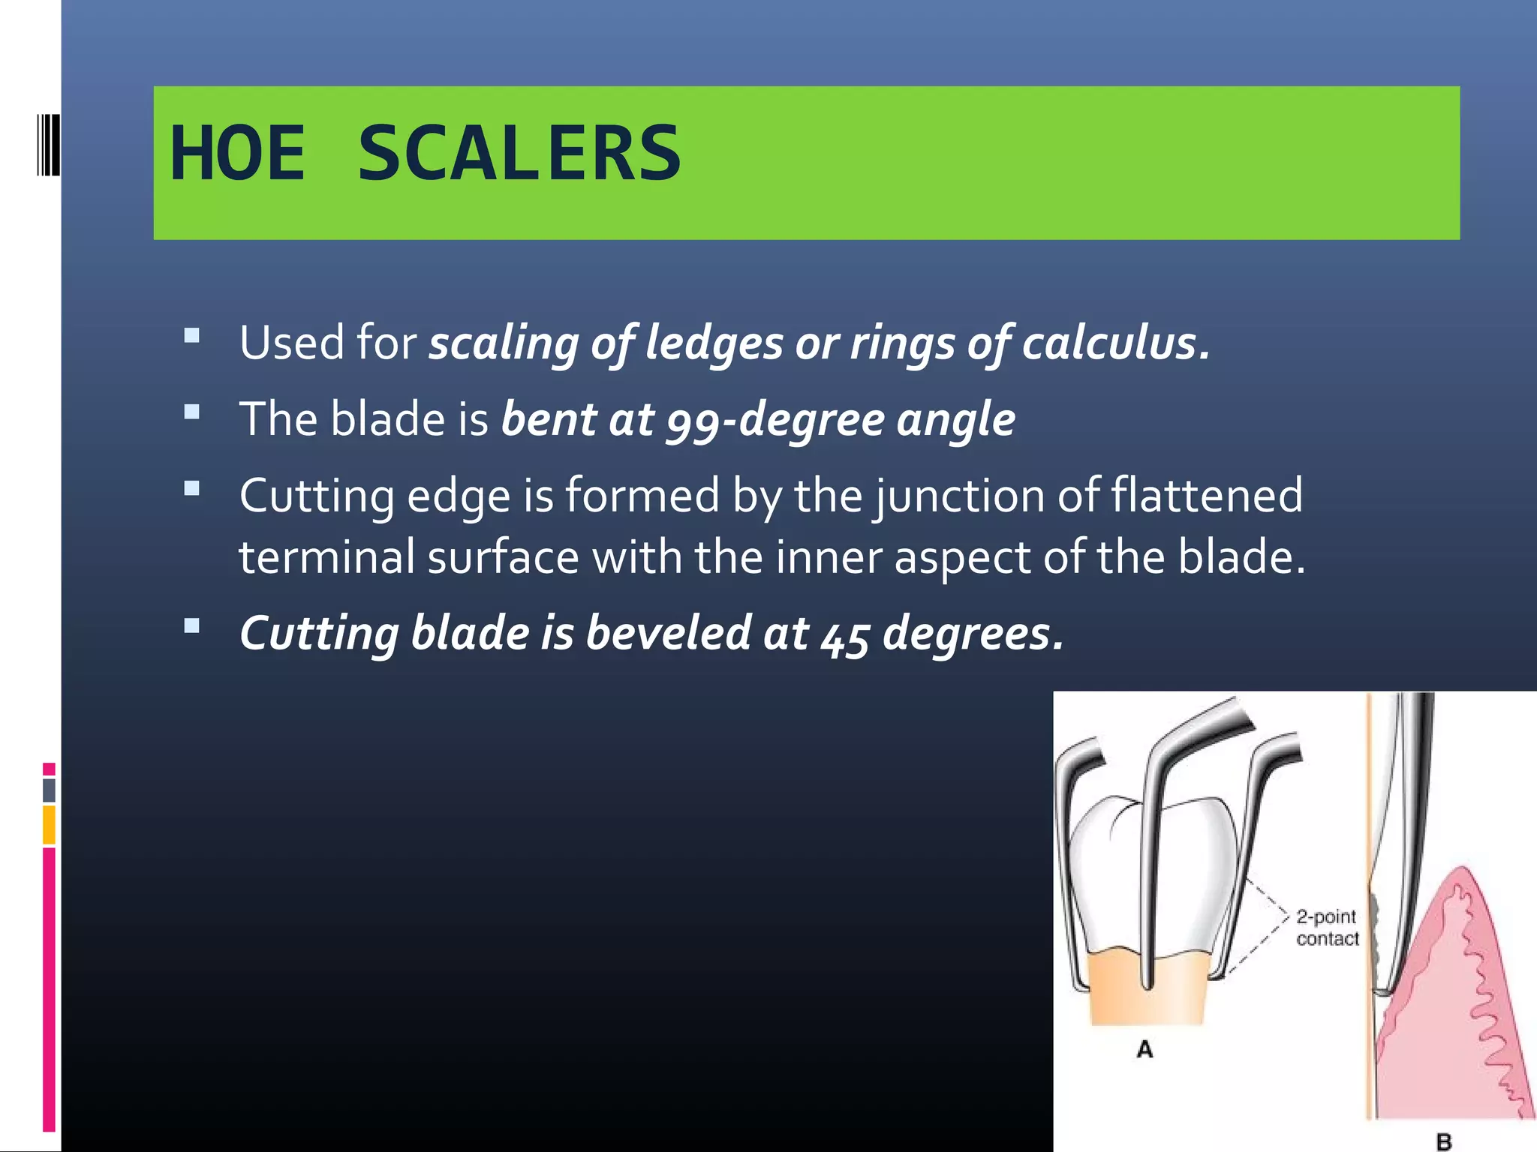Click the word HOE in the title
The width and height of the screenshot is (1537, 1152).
coord(238,154)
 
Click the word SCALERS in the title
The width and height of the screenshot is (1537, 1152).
coord(519,154)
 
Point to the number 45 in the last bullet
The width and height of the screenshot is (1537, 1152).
coord(845,634)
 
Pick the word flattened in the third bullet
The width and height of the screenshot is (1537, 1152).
coord(1206,496)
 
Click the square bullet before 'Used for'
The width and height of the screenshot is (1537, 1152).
coord(192,335)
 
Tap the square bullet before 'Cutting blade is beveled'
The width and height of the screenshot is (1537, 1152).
coord(192,625)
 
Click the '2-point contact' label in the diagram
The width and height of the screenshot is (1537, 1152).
coord(1327,928)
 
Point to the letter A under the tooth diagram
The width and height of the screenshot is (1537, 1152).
coord(1144,1049)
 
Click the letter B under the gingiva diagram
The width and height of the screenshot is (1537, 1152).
coord(1443,1141)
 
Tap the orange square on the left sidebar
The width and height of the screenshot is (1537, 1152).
coord(49,824)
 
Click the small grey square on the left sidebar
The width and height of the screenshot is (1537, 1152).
coord(49,790)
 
